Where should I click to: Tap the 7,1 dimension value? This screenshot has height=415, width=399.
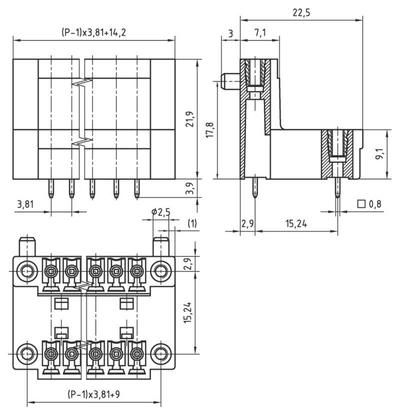click(259, 33)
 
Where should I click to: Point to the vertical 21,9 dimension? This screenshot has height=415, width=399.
click(190, 118)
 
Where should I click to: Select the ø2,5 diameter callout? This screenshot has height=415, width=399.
click(160, 212)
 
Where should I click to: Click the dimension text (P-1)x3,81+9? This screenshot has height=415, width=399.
click(93, 394)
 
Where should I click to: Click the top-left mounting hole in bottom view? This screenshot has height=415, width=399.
click(26, 271)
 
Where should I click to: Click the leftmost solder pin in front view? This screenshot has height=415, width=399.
click(51, 189)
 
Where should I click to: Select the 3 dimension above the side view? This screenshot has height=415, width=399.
click(230, 33)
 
